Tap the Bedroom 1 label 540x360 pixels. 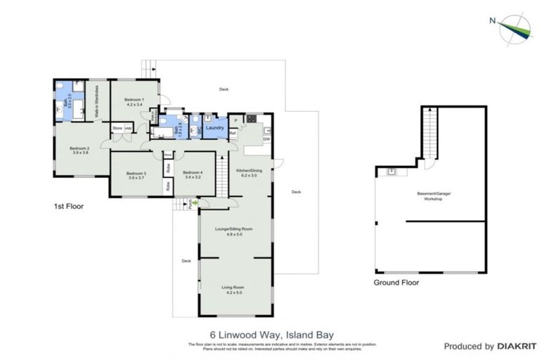click(x=134, y=100)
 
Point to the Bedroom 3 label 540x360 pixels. click(x=135, y=173)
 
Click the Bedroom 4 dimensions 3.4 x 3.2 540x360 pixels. click(x=193, y=179)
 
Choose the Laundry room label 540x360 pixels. click(x=215, y=128)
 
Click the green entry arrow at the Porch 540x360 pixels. click(x=195, y=204)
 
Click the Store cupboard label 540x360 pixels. click(x=117, y=128)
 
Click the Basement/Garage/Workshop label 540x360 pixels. click(x=428, y=197)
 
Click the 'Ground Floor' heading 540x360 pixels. click(x=396, y=283)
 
